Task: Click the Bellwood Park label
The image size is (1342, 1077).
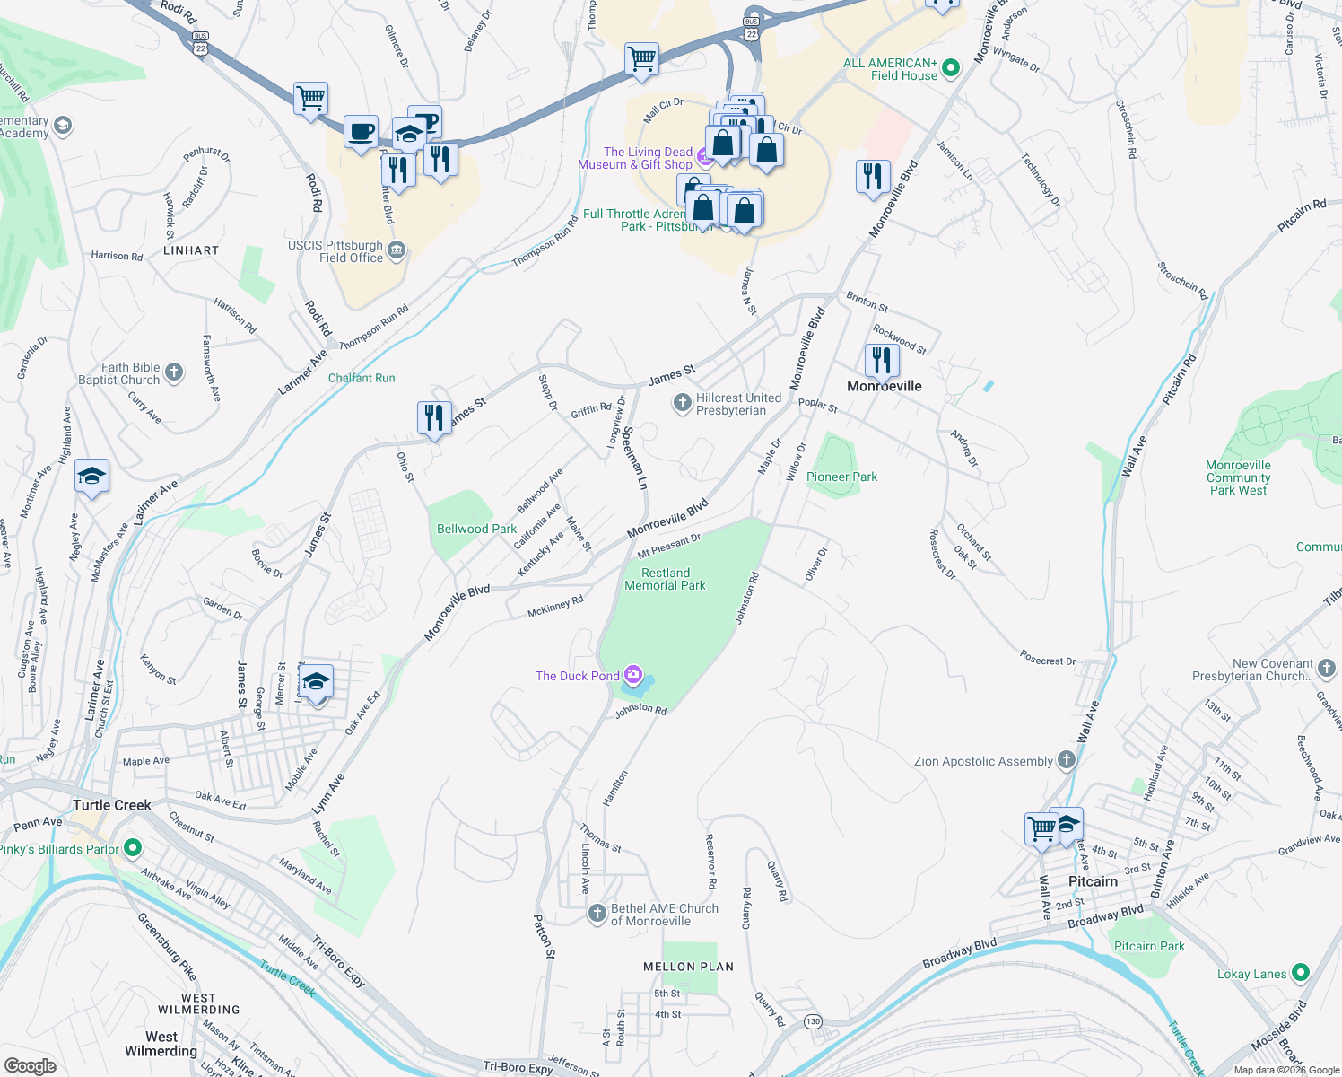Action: (x=476, y=529)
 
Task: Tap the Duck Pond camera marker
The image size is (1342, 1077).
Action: (x=633, y=675)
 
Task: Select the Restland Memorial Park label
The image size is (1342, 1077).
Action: (x=665, y=579)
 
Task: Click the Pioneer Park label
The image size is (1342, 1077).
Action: (x=841, y=477)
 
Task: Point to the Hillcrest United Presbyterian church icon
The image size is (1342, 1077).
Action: (x=682, y=403)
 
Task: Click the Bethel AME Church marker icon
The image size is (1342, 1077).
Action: (x=597, y=914)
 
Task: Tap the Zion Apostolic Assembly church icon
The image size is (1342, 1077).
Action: (x=1067, y=760)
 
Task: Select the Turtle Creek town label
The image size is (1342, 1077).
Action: (x=112, y=805)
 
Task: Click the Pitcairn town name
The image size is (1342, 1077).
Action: (x=1093, y=881)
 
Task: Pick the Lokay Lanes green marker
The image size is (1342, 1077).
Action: (x=1301, y=973)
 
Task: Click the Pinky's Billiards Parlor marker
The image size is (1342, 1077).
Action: (x=133, y=847)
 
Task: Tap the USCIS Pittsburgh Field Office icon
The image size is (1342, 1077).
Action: (x=396, y=250)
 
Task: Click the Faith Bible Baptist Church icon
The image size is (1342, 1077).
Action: (x=174, y=372)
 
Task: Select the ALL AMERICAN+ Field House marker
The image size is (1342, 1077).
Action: (x=952, y=68)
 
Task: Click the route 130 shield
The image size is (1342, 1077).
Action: (x=813, y=1021)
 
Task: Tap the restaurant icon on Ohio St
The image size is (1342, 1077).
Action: (x=434, y=418)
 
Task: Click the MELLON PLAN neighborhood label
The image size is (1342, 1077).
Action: (x=688, y=967)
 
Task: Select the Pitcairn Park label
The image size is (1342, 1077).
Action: (x=1148, y=946)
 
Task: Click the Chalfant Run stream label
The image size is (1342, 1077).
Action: (x=362, y=378)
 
